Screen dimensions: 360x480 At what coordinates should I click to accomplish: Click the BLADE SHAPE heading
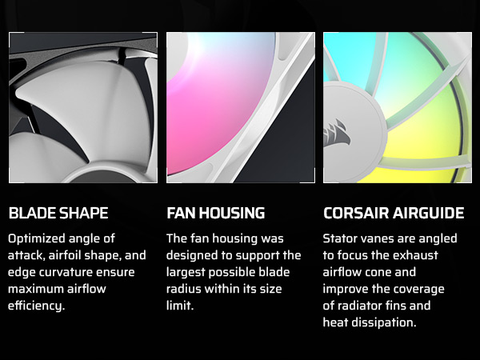coord(58,214)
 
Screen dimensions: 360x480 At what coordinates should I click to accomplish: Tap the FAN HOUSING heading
coord(215,214)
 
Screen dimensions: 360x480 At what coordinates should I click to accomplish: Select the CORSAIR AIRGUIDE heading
coord(394,214)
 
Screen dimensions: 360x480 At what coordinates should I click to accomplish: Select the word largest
coord(188,273)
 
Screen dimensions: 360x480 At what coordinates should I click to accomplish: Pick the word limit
coord(181,306)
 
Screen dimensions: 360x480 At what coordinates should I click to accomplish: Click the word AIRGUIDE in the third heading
coord(428,214)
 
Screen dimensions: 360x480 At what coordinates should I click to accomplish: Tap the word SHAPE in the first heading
coord(83,214)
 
